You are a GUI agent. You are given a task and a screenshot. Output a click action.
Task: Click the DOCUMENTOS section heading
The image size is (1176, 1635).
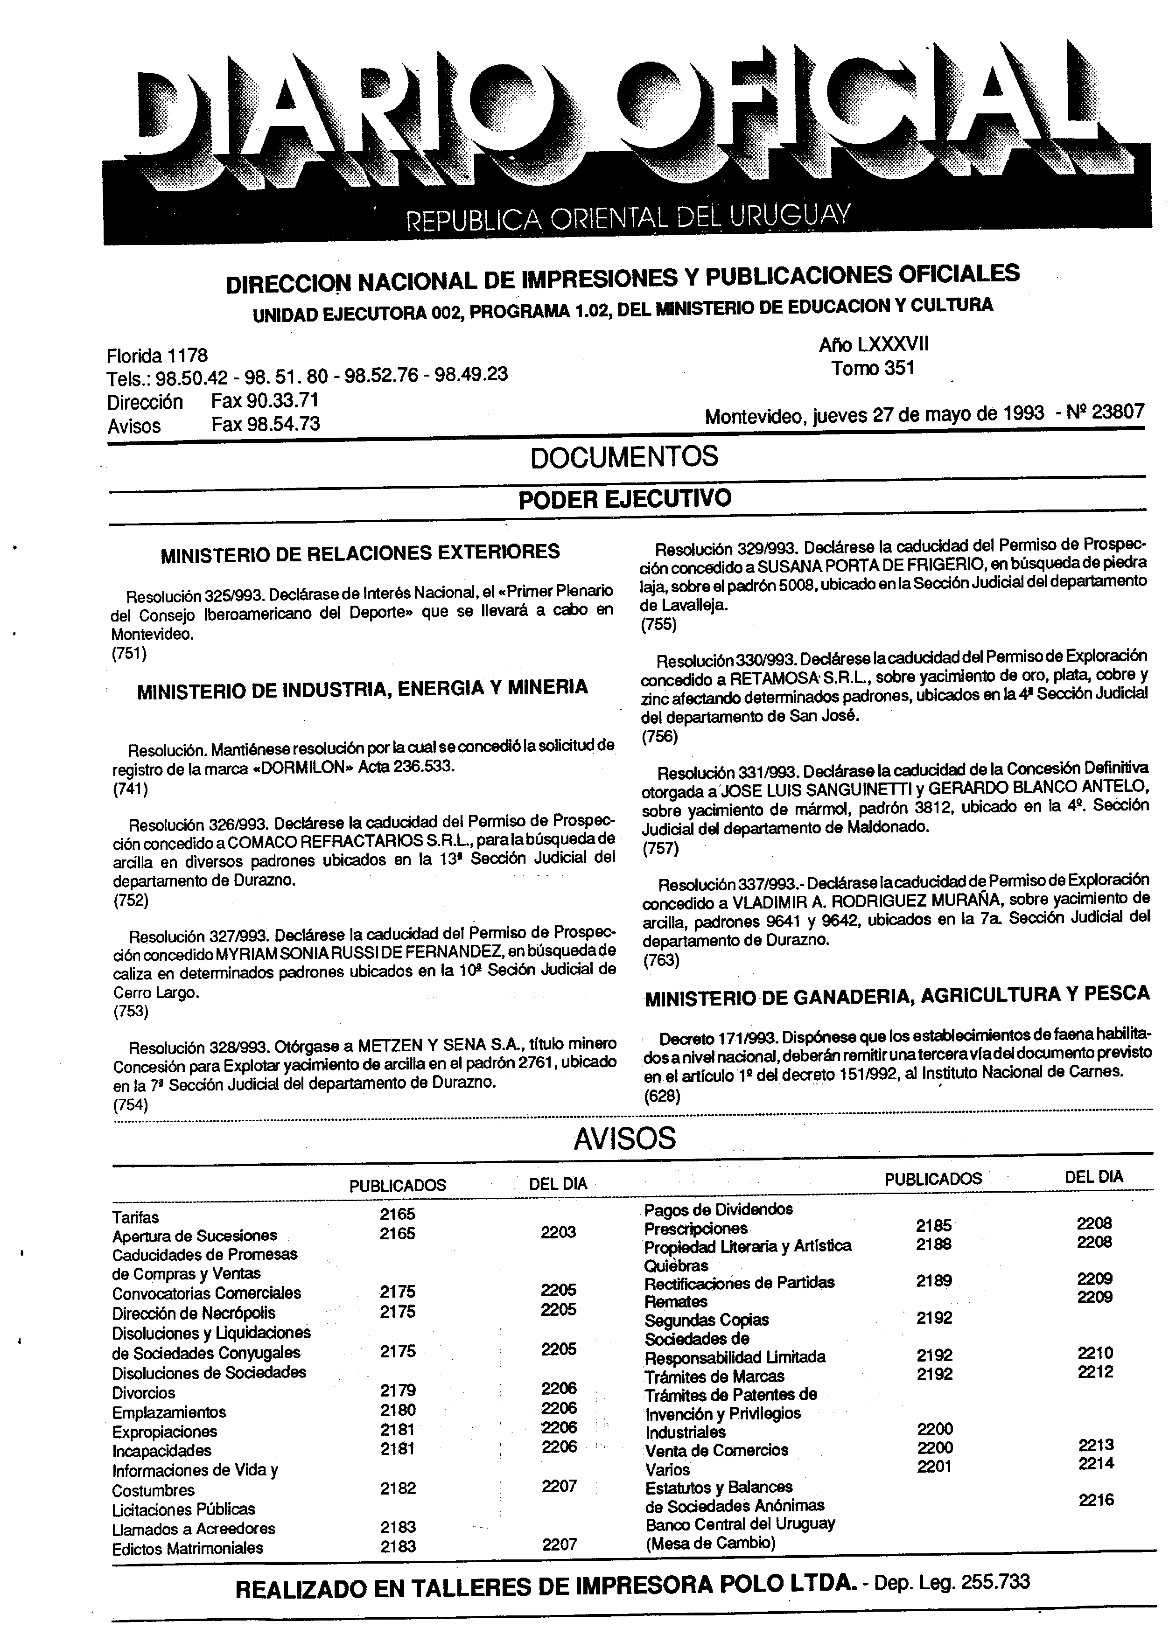click(x=624, y=457)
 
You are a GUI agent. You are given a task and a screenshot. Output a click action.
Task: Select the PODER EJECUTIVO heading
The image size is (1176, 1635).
click(x=624, y=498)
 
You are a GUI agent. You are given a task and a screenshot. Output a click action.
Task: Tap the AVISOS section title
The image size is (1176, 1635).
click(x=624, y=1139)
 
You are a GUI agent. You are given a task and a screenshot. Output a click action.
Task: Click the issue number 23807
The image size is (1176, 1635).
click(x=1118, y=411)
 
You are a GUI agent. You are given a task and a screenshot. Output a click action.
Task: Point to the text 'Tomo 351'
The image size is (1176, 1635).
click(x=873, y=368)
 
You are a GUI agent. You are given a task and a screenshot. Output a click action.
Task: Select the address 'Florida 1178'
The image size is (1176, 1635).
click(x=157, y=356)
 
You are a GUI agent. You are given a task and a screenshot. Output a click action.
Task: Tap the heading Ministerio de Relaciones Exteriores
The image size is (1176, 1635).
click(x=360, y=553)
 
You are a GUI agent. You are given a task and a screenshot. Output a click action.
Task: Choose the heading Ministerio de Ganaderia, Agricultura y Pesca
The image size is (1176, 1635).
click(x=897, y=995)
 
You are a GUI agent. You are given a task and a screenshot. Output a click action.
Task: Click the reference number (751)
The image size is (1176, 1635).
click(x=129, y=654)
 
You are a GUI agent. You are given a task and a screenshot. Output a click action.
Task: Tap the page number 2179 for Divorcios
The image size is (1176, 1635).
click(x=397, y=1390)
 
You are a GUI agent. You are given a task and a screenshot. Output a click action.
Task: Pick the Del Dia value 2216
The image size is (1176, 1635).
click(x=1096, y=1500)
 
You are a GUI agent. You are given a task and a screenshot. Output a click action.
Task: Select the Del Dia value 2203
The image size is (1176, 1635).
click(x=558, y=1232)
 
